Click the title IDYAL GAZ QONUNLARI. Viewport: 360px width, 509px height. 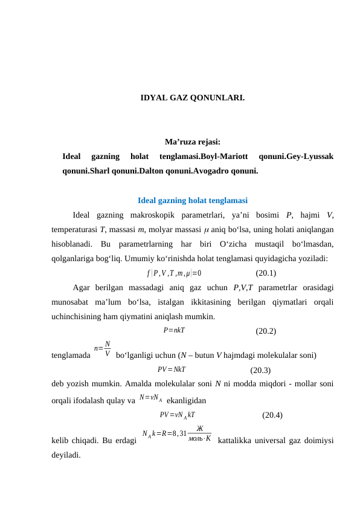pyautogui.click(x=192, y=97)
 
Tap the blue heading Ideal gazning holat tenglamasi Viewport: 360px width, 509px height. pyautogui.click(x=192, y=201)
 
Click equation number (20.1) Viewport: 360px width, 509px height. pyautogui.click(x=266, y=273)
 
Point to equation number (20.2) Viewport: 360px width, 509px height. pyautogui.click(x=266, y=331)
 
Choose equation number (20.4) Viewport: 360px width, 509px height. pyautogui.click(x=272, y=415)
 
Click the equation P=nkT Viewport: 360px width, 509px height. pyautogui.click(x=173, y=330)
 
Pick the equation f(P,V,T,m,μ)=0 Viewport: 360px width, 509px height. pyautogui.click(x=174, y=273)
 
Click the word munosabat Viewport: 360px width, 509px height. pyautogui.click(x=71, y=302)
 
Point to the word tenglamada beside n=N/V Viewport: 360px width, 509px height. pyautogui.click(x=71, y=355)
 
